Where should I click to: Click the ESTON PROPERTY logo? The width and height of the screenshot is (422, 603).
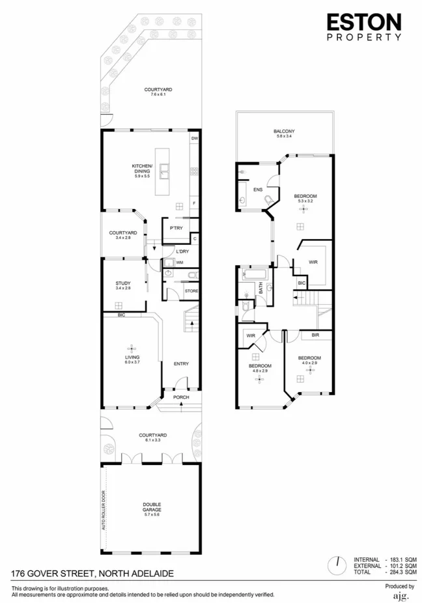point(363,27)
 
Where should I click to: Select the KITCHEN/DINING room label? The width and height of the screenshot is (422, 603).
point(142,169)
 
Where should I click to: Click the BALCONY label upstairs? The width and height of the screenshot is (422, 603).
point(284,132)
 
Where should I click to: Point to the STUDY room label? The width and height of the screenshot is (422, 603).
point(123,284)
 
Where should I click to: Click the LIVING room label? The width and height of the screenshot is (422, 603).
point(132,359)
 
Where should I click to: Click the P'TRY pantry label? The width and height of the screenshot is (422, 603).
point(175,228)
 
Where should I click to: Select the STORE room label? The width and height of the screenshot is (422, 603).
point(191,290)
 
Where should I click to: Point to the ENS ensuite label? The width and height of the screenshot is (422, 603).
point(258,189)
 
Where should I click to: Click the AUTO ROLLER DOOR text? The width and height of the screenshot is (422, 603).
point(104,510)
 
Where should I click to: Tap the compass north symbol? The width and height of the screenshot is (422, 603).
point(337,565)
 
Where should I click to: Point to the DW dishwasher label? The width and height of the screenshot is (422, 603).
point(194,138)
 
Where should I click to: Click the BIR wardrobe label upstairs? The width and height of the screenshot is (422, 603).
point(315,335)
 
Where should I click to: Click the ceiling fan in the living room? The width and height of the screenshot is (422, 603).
point(132,347)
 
